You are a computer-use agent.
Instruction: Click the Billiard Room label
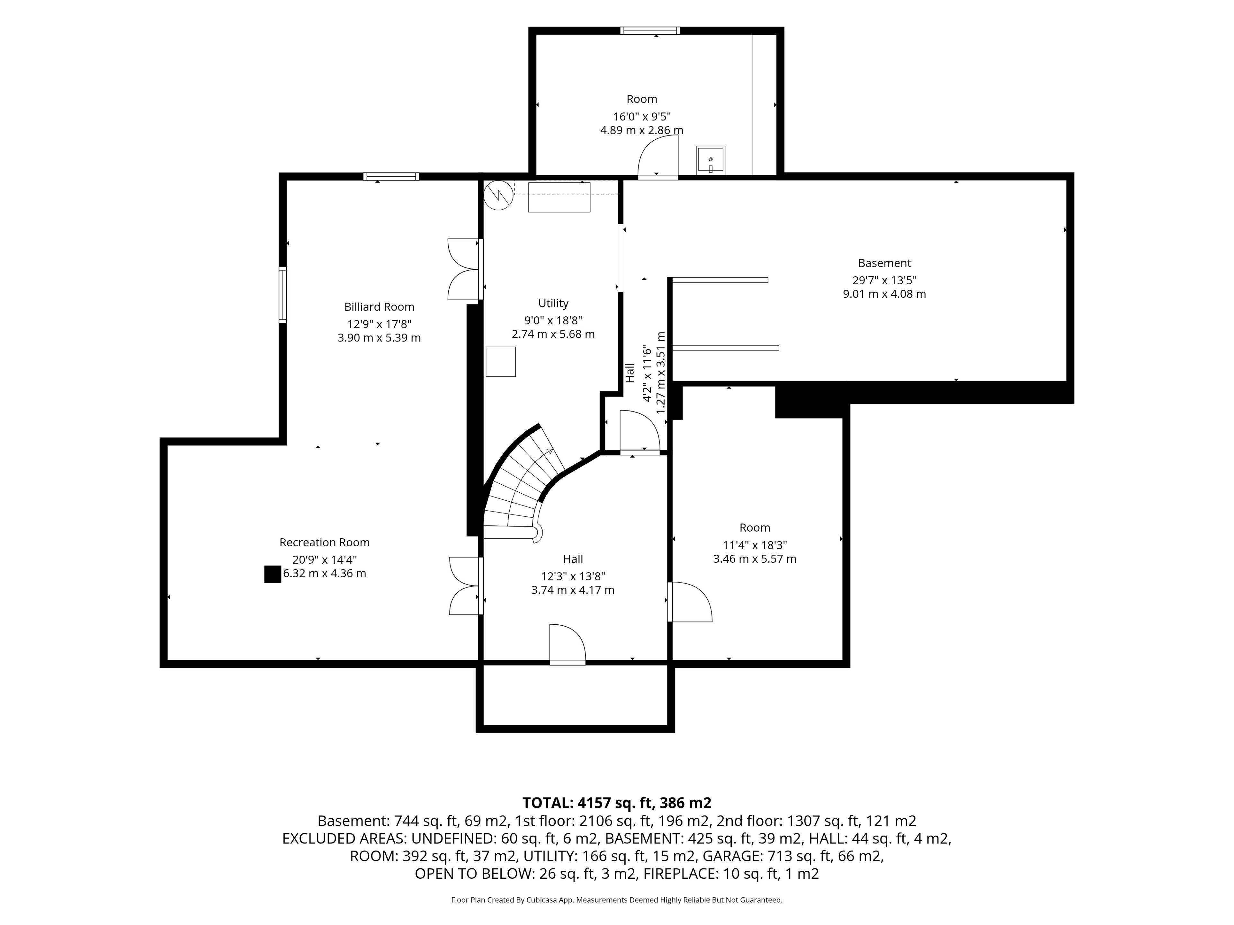pyautogui.click(x=379, y=307)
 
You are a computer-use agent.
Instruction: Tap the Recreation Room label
pyautogui.click(x=324, y=542)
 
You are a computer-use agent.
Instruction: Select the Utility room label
pyautogui.click(x=553, y=303)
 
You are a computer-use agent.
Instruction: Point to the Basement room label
pyautogui.click(x=884, y=263)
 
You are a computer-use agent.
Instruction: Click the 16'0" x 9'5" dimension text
pyautogui.click(x=641, y=117)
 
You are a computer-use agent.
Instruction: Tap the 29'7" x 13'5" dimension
pyautogui.click(x=884, y=280)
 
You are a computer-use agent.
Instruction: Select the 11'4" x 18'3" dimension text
pyautogui.click(x=755, y=545)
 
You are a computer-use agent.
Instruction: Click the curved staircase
pyautogui.click(x=522, y=485)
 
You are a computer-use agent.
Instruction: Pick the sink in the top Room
pyautogui.click(x=711, y=159)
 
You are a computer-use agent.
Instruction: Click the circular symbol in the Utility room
pyautogui.click(x=498, y=195)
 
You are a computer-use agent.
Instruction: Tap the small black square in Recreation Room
pyautogui.click(x=272, y=574)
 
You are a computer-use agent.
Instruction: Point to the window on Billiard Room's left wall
pyautogui.click(x=283, y=295)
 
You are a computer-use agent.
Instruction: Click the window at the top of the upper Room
pyautogui.click(x=650, y=31)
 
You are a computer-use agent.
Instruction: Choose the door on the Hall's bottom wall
pyautogui.click(x=567, y=644)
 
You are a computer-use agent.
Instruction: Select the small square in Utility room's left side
pyautogui.click(x=500, y=361)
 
